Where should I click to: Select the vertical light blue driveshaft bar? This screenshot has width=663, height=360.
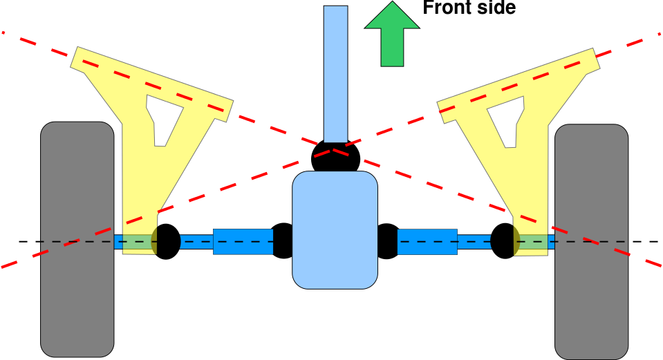[x=335, y=73]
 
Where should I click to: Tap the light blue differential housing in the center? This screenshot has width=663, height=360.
[x=335, y=229]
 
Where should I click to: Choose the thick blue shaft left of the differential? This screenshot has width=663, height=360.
[x=243, y=241]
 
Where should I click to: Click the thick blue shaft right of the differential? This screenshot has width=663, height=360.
[x=427, y=241]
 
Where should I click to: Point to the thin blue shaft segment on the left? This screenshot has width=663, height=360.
[x=196, y=241]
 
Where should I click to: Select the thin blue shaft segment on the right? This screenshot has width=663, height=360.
[x=474, y=241]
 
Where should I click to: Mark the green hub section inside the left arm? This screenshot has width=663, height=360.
[x=137, y=241]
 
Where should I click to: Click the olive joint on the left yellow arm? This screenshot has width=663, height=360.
[x=154, y=241]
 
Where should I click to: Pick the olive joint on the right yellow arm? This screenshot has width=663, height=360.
[x=516, y=241]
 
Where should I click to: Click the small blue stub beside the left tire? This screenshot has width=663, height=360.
[x=118, y=241]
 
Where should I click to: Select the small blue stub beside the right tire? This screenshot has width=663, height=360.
[x=551, y=241]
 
